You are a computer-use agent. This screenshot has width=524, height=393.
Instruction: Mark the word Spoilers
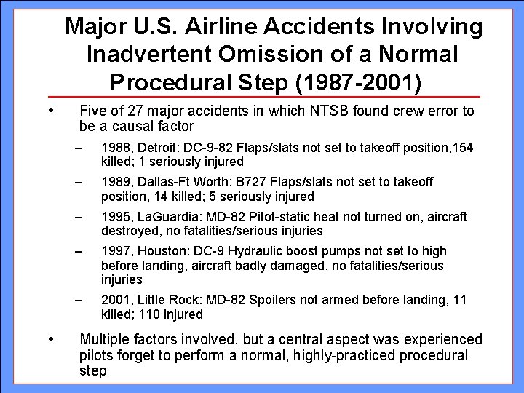pos(258,301)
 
